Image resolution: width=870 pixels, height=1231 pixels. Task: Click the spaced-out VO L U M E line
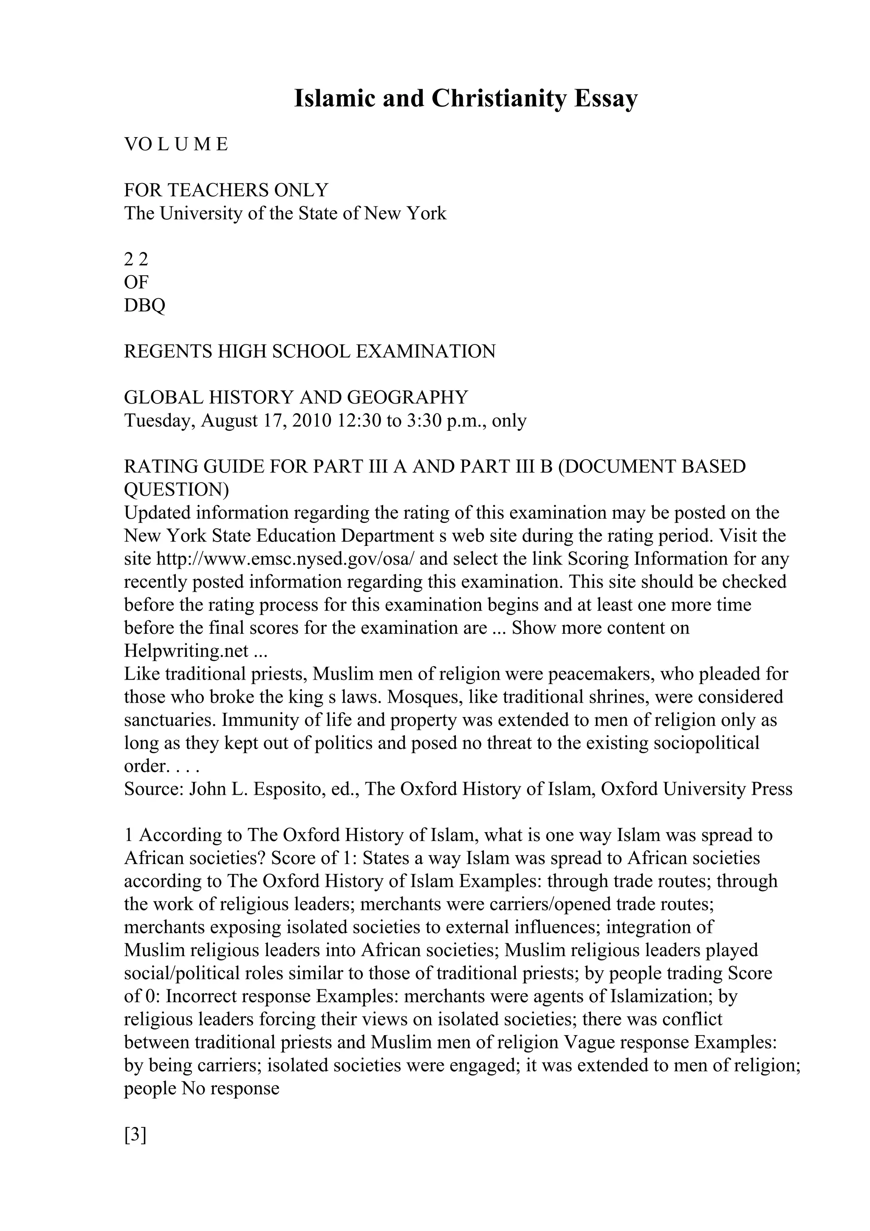coord(176,144)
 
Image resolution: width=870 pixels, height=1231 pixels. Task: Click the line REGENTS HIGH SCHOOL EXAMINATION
coord(310,352)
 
